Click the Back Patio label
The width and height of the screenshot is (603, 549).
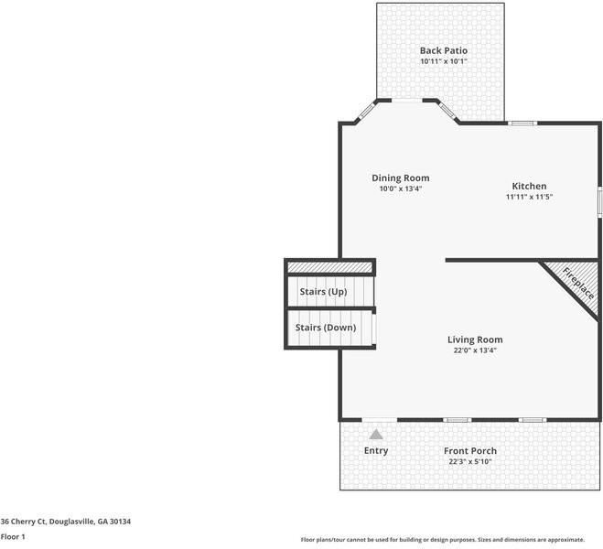coord(444,50)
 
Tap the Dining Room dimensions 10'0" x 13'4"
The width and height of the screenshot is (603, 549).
coord(401,188)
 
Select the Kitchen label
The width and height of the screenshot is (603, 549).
coord(529,186)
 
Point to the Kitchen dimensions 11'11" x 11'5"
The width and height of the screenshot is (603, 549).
coord(529,197)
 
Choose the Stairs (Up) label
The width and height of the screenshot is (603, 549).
coord(323,292)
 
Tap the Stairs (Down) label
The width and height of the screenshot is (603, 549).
coord(326,328)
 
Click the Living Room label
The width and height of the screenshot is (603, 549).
coord(475,339)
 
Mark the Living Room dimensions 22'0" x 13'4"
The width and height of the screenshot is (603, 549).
coord(475,350)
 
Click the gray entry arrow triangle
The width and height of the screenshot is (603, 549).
coord(376,435)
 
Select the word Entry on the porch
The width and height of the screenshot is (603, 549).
coord(376,450)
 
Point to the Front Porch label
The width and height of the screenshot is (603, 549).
coord(470,451)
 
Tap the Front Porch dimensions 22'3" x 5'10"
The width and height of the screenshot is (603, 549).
coord(470,462)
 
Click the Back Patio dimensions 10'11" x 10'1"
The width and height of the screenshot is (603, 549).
coord(444,61)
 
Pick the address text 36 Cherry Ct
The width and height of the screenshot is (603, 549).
coord(23,522)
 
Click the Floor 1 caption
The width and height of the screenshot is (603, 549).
coord(13,537)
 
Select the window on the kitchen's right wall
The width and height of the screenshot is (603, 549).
coord(599,202)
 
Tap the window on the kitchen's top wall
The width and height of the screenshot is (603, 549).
coord(522,124)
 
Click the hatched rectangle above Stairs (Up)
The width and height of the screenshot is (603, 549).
coord(330,267)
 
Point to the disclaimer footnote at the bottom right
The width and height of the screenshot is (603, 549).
coord(443,540)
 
